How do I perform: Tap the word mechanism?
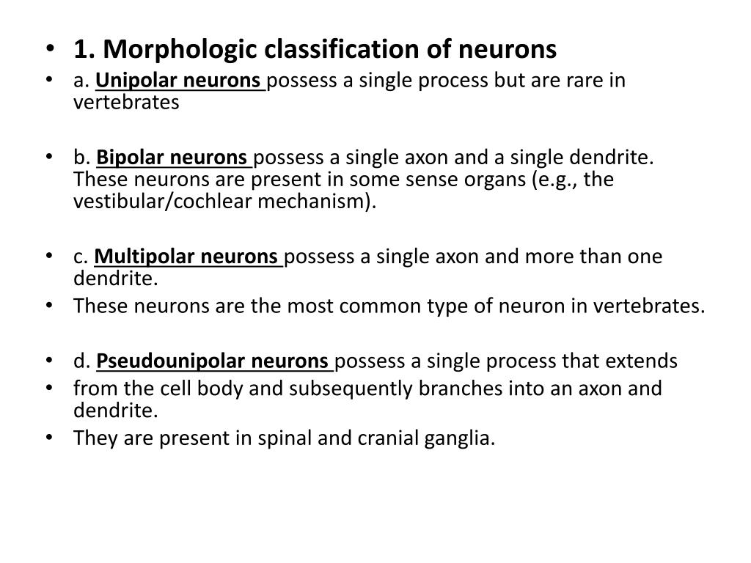click(315, 202)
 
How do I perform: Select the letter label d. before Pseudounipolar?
click(81, 361)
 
